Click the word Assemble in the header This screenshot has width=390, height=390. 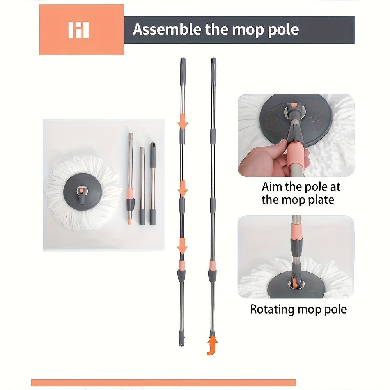pos(167,29)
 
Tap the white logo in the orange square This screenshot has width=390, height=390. pos(79,30)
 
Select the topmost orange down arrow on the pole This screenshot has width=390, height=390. pos(183,121)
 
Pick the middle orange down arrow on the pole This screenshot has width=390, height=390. pos(183,188)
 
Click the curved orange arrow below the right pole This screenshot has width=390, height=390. pos(212,345)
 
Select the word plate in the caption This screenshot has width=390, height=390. pos(321,200)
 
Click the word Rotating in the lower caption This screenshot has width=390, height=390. pos(272,309)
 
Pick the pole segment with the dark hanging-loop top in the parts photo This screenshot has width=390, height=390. pos(153,184)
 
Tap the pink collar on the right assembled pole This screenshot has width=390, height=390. pos(213,265)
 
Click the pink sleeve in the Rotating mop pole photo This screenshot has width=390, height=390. pos(296,230)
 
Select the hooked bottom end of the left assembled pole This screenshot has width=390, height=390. pos(182,341)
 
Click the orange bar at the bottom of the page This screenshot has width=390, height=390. pos(164,383)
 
